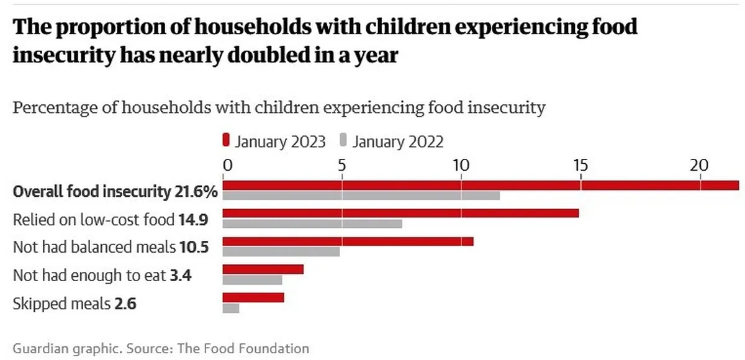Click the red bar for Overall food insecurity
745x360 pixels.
coord(481,185)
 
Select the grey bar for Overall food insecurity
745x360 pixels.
coord(361,196)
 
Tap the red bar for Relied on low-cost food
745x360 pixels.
coord(401,213)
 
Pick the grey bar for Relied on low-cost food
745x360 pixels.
coord(312,223)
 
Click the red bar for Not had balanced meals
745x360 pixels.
coord(348,241)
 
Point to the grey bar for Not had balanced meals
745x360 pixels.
coord(281,252)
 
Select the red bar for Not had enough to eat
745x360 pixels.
coord(263,269)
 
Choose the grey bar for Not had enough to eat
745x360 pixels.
coord(253,280)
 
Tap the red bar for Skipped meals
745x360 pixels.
coord(253,297)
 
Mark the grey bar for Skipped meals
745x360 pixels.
coord(231,308)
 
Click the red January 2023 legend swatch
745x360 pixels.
coord(226,140)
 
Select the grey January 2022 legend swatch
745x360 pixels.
coord(343,140)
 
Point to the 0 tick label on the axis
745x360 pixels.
coord(227,165)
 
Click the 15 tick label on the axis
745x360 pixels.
coord(580,165)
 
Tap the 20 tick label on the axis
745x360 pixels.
coord(700,165)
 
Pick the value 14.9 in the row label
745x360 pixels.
coord(193,220)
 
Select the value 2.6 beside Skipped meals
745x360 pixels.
coord(125,304)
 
